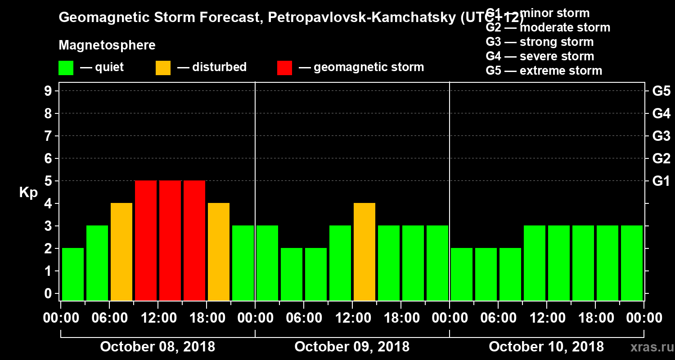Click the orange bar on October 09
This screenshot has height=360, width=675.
pos(364,252)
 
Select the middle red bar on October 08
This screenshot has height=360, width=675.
pos(170,240)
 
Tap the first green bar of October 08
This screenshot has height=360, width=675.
pos(73,274)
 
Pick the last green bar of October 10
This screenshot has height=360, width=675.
pos(632,263)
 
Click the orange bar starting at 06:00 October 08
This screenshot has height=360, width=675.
pos(121,252)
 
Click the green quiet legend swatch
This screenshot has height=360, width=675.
pos(66,67)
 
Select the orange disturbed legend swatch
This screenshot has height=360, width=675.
pos(163,67)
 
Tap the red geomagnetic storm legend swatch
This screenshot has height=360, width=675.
pos(285,67)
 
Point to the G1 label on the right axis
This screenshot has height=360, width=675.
pos(661,181)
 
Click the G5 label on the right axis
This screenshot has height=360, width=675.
pos(661,91)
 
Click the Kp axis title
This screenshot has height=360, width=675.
pos(28,192)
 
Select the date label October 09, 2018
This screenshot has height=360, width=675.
pos(352,346)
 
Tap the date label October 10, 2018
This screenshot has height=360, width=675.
pos(546,346)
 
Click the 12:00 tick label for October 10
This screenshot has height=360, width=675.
pos(546,318)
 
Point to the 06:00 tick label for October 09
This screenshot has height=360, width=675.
pos(303,318)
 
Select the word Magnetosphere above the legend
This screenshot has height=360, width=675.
pos(107,45)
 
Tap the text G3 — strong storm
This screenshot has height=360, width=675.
pos(540,42)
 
